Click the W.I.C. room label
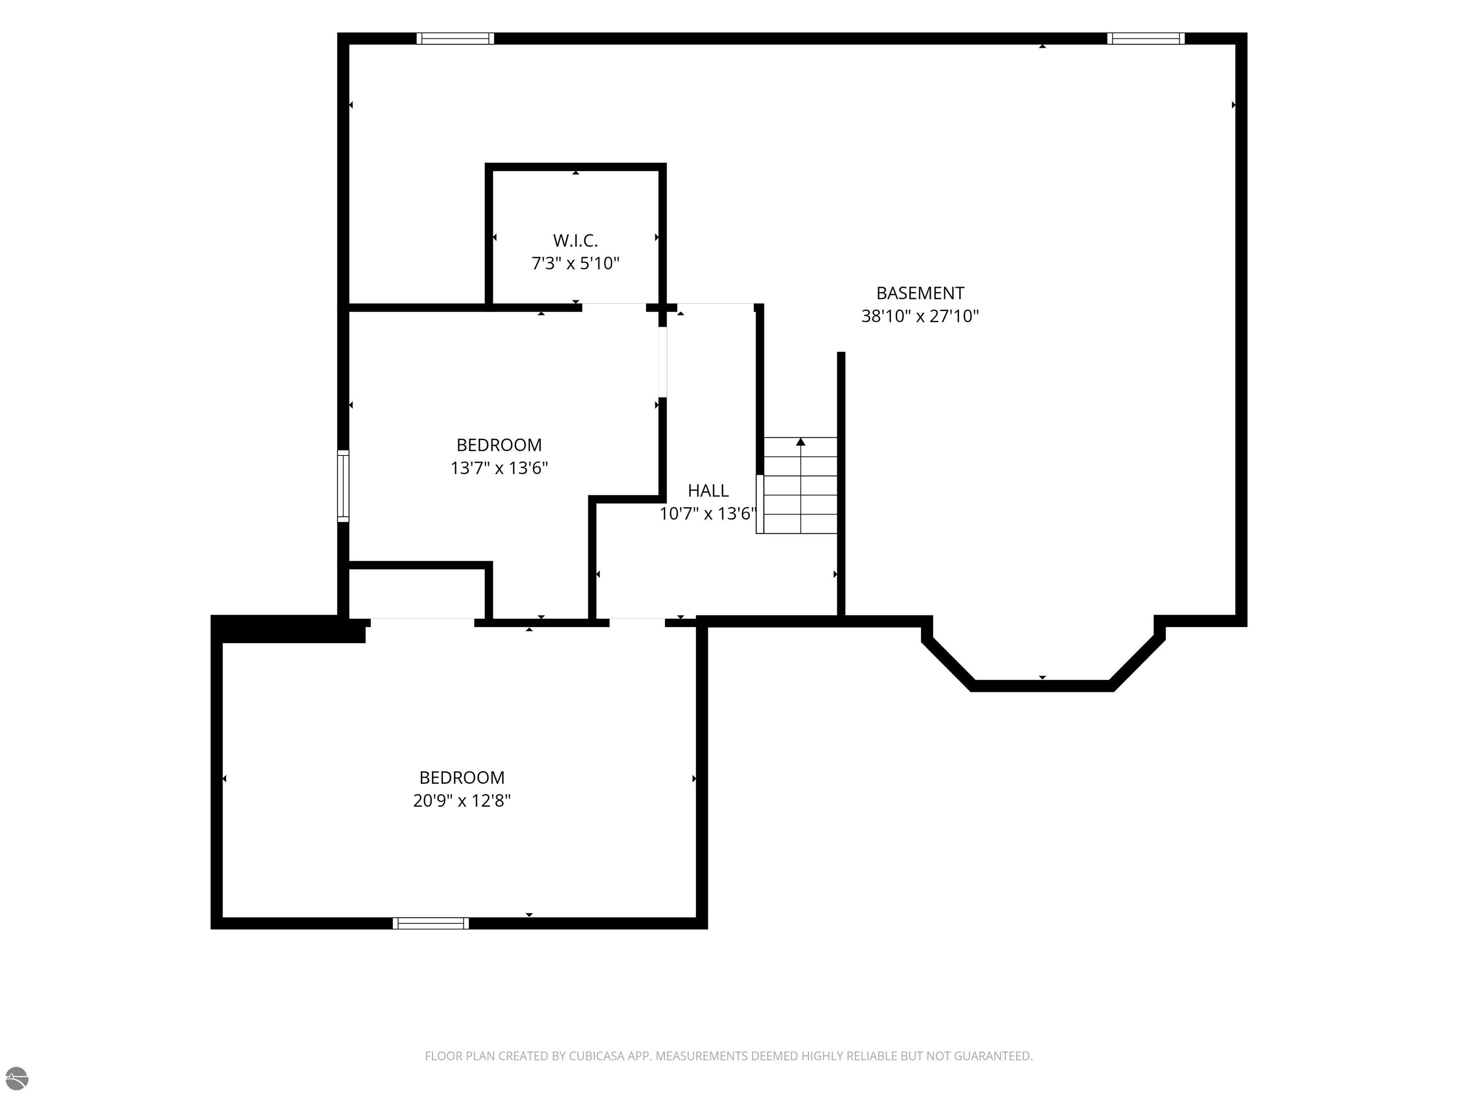(x=575, y=241)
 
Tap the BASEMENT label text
(x=920, y=293)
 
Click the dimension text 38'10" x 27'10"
(x=920, y=316)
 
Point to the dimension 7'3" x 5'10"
(x=575, y=264)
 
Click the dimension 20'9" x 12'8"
(x=462, y=800)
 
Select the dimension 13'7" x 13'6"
(x=499, y=468)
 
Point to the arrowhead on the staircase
(x=801, y=441)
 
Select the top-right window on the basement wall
(x=1146, y=38)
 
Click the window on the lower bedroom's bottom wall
(x=431, y=923)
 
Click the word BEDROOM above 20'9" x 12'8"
(x=462, y=778)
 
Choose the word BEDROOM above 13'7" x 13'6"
(x=499, y=445)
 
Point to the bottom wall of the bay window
(x=1042, y=686)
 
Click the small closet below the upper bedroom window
(x=417, y=593)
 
